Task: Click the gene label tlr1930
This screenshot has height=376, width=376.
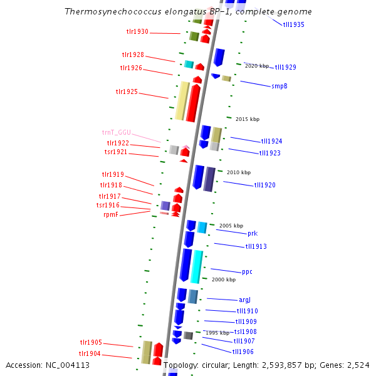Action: pyautogui.click(x=137, y=32)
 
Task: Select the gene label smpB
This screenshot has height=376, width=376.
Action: pyautogui.click(x=279, y=86)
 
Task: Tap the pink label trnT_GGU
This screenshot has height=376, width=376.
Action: pyautogui.click(x=117, y=133)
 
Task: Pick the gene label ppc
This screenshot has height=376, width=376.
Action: pyautogui.click(x=247, y=272)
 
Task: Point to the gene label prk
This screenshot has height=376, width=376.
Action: pyautogui.click(x=252, y=234)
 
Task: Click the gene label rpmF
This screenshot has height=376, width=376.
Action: pyautogui.click(x=110, y=214)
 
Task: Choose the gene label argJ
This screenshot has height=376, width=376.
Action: pyautogui.click(x=244, y=300)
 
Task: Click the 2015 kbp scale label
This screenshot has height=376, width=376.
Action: pyautogui.click(x=247, y=119)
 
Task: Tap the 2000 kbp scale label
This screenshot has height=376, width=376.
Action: pyautogui.click(x=223, y=279)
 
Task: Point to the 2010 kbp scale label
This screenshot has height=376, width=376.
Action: pyautogui.click(x=238, y=172)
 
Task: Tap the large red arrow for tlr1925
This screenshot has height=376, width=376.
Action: pyautogui.click(x=193, y=103)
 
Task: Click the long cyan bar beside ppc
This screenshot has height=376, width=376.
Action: pyautogui.click(x=197, y=266)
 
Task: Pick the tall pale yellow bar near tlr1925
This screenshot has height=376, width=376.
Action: pyautogui.click(x=182, y=101)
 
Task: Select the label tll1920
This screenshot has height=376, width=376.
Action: pyautogui.click(x=264, y=185)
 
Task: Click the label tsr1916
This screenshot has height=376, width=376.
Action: pyautogui.click(x=108, y=206)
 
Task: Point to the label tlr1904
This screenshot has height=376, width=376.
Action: pyautogui.click(x=90, y=354)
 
